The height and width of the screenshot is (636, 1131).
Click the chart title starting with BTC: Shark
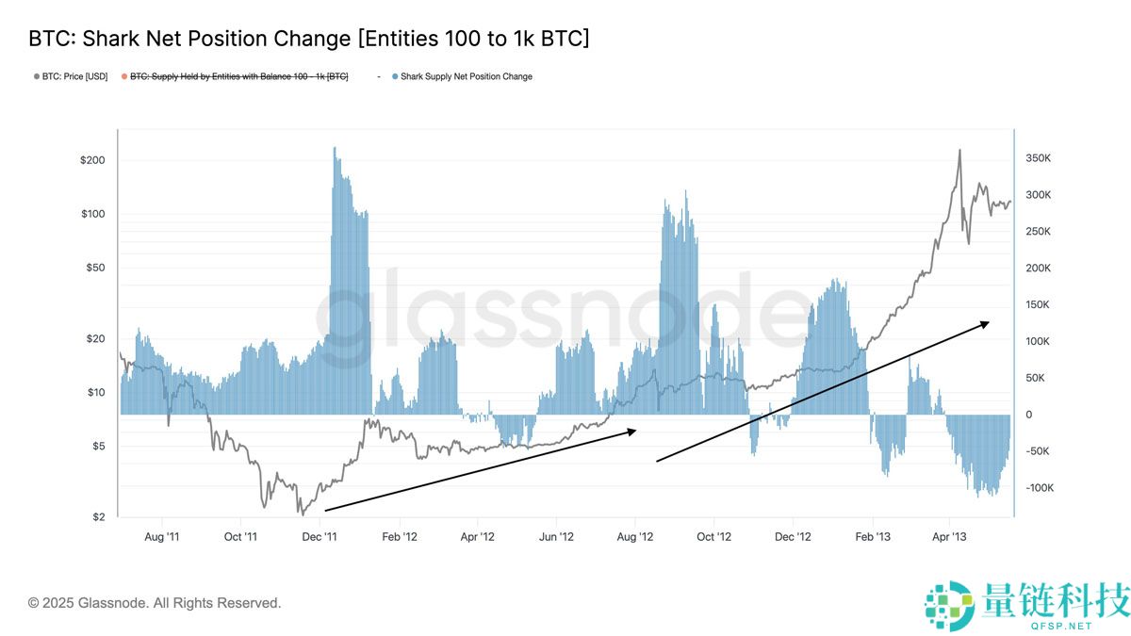(309, 39)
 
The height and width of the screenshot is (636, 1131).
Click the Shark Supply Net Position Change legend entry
(466, 76)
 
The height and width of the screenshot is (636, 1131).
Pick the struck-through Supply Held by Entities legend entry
(238, 76)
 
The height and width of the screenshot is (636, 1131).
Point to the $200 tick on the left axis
(92, 160)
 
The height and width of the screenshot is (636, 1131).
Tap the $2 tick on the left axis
(98, 516)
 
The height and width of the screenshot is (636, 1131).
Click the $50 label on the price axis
(95, 268)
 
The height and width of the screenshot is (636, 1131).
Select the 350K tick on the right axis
(1038, 158)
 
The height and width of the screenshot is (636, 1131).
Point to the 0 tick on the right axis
(1029, 415)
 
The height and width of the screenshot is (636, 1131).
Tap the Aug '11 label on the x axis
(161, 537)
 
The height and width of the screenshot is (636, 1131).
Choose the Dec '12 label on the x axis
(793, 537)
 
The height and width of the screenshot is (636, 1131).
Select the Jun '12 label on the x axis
(556, 537)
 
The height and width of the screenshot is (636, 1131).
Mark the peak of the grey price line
(959, 150)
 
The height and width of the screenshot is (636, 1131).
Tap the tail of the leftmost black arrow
(325, 510)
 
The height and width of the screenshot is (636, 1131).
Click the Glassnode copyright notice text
(155, 603)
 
